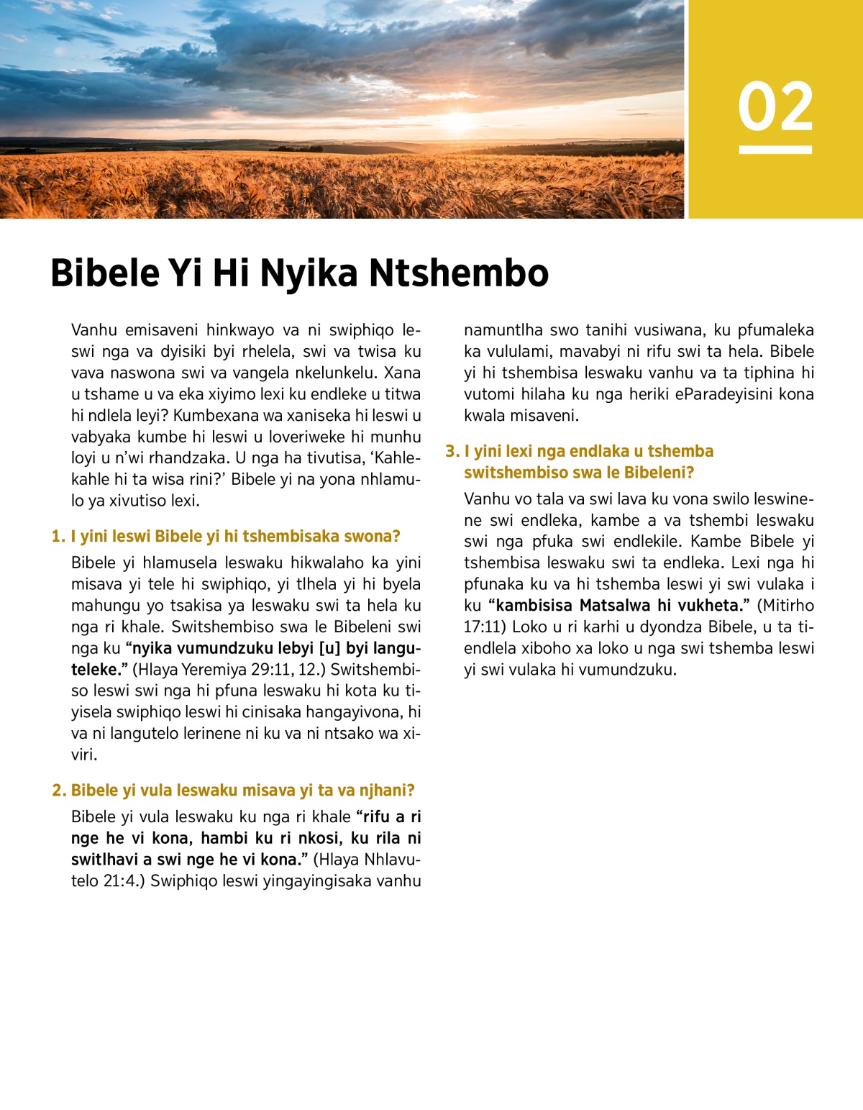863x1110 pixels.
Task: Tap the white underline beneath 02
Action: point(775,150)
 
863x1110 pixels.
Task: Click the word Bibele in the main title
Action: point(105,273)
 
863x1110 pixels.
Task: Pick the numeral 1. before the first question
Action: point(58,537)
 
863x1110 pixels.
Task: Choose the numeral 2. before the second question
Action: point(59,791)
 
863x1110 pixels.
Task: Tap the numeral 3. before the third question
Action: point(452,452)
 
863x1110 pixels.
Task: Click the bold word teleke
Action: point(96,670)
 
